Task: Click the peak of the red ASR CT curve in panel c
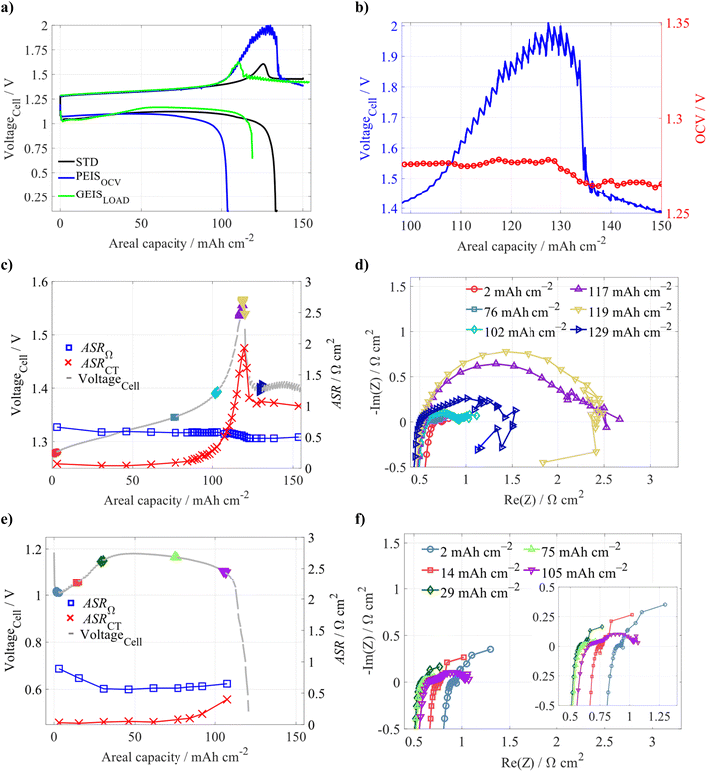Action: pos(242,348)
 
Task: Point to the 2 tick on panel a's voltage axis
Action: pos(39,26)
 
